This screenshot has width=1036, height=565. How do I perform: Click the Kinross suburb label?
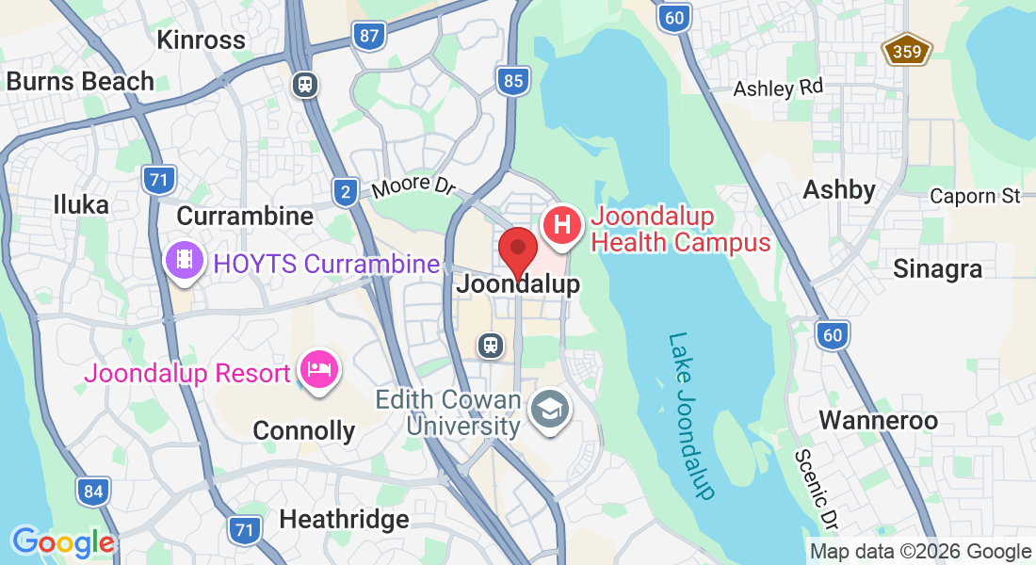[202, 40]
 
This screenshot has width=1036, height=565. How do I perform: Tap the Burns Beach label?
[80, 81]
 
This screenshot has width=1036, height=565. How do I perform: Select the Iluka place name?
[81, 204]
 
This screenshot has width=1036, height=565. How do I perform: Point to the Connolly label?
[304, 431]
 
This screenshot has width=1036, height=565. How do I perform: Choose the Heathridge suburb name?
[344, 519]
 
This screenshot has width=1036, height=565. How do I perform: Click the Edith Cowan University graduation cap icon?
[546, 410]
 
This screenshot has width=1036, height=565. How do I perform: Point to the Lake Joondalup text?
[692, 414]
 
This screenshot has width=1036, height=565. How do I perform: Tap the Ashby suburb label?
[839, 189]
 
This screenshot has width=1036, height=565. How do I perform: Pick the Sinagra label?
[937, 268]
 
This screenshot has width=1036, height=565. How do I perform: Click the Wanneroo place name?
[878, 420]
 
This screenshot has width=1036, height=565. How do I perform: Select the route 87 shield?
[369, 37]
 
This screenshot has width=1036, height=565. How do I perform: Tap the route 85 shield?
[512, 81]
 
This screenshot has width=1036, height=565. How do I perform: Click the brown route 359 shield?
[907, 51]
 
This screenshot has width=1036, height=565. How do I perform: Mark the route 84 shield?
[92, 491]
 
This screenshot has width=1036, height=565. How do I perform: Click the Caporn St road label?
[975, 196]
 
